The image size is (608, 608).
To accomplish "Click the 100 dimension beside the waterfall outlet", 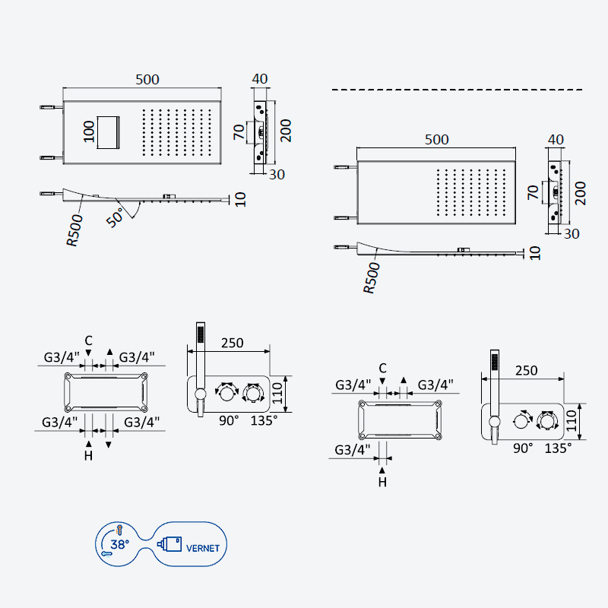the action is point(89,131).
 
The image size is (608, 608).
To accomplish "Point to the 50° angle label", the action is point(116,217).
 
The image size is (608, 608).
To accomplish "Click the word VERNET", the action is point(203,548).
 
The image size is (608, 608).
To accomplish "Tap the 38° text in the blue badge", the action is point(120,544).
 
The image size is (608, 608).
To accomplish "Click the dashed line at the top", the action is point(457,90).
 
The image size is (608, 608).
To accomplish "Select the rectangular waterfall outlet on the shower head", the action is point(108,132).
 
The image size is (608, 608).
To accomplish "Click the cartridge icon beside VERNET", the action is point(169,543).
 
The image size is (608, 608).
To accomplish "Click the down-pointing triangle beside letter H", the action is point(109,445).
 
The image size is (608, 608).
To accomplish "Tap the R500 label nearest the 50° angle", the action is point(74,230).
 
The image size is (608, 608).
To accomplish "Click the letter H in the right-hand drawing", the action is point(382,482).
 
